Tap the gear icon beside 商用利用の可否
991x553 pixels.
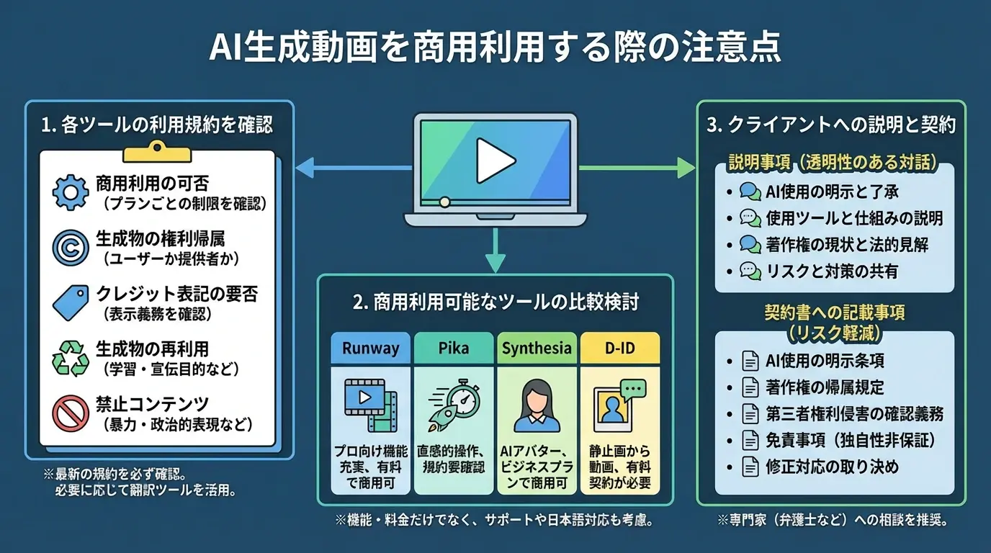pyautogui.click(x=70, y=191)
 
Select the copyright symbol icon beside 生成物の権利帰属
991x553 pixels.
pyautogui.click(x=70, y=246)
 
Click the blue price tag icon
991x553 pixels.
pyautogui.click(x=70, y=302)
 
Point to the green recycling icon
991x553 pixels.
pyautogui.click(x=70, y=357)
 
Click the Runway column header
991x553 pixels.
pyautogui.click(x=370, y=349)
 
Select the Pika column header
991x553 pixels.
pyautogui.click(x=454, y=349)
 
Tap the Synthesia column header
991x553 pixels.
pyautogui.click(x=537, y=349)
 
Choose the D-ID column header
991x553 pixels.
pyautogui.click(x=619, y=349)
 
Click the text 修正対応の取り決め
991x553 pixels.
pyautogui.click(x=832, y=467)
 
